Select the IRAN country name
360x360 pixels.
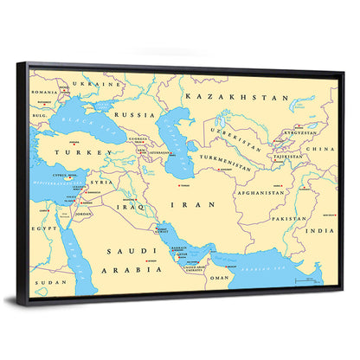pyautogui.click(x=189, y=205)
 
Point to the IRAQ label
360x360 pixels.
pyautogui.click(x=126, y=207)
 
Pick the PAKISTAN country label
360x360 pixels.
pyautogui.click(x=287, y=219)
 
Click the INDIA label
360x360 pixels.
pyautogui.click(x=324, y=231)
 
